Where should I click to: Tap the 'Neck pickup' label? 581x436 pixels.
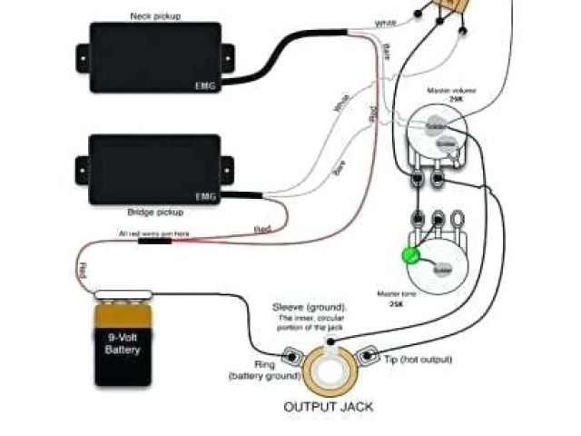[154, 15]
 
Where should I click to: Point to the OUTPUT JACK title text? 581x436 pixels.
[329, 406]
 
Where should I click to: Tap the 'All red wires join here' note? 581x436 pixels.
[153, 234]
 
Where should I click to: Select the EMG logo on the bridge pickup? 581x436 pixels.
[205, 196]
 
